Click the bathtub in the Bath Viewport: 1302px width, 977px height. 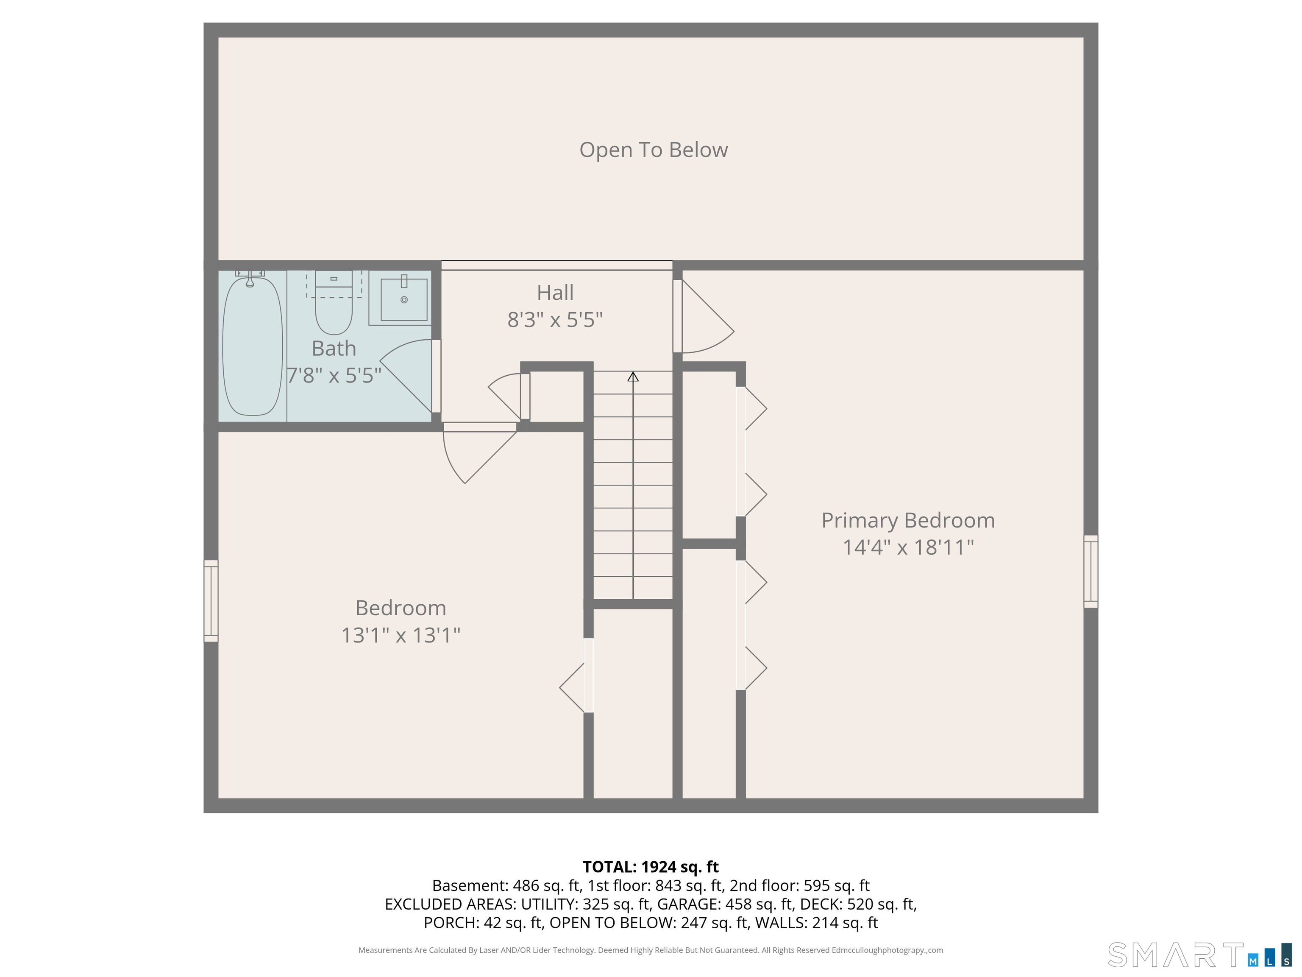tap(253, 346)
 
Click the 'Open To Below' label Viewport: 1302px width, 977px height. tap(654, 150)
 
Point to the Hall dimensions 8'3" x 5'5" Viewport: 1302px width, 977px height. tap(555, 320)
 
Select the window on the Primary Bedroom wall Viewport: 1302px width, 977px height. tap(1091, 571)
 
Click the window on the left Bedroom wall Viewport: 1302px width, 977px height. tap(211, 601)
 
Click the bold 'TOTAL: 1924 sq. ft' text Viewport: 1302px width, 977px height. tap(651, 867)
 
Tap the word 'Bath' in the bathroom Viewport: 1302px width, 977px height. tap(334, 349)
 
